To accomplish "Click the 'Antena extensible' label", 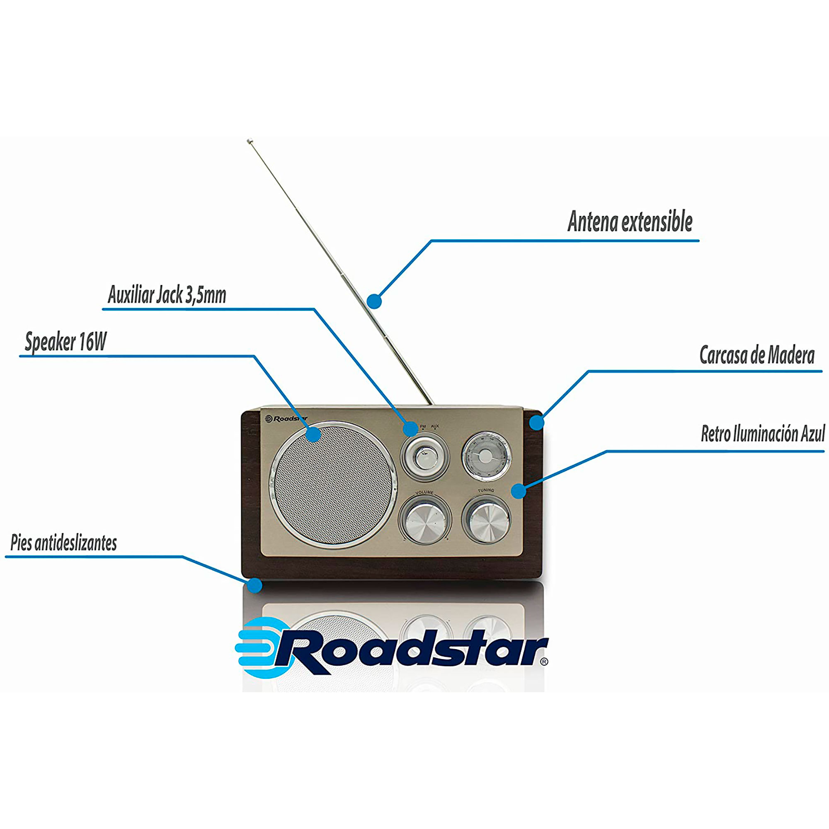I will [x=630, y=222].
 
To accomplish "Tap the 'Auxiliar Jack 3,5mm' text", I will [x=167, y=295].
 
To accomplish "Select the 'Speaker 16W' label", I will [x=65, y=342].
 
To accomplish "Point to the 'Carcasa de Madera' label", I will [x=757, y=355].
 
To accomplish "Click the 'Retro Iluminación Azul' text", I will [x=763, y=434].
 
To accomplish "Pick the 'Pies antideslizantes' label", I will [x=63, y=543].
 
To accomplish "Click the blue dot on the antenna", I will [x=374, y=301].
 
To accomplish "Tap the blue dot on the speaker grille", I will [x=314, y=434].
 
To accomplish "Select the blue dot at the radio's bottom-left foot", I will [x=255, y=585].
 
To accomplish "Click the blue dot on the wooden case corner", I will [x=536, y=423].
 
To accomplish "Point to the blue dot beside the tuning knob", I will [x=519, y=491].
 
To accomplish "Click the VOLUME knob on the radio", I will [x=424, y=520].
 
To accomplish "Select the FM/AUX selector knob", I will [x=424, y=456].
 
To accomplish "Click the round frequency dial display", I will [x=487, y=456].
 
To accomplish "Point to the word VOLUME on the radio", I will [x=424, y=492].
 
